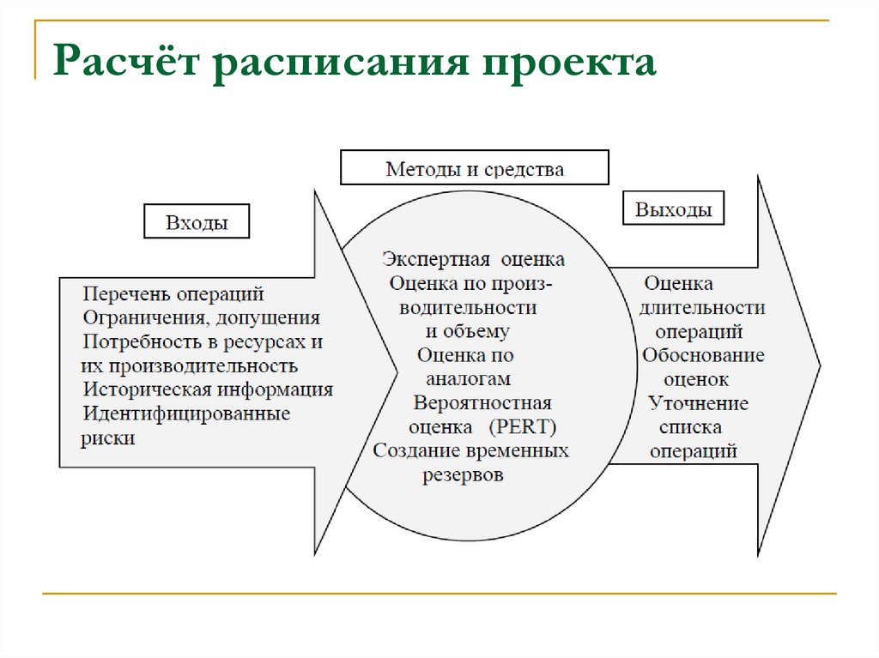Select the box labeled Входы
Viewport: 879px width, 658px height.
pos(197,223)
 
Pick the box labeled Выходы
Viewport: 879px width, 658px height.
pos(673,209)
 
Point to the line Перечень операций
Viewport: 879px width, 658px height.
pos(173,294)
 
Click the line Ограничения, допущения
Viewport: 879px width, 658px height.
pos(201,318)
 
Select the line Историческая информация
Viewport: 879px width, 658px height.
pos(208,389)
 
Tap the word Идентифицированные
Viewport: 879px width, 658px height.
pos(186,414)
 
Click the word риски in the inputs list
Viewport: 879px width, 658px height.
pos(109,438)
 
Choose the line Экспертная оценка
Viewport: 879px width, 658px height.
pos(474,259)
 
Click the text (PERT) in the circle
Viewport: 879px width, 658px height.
pos(524,426)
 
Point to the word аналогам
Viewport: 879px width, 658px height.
pos(469,378)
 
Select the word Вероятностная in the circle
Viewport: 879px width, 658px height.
pos(482,402)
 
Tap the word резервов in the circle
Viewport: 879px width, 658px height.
pos(463,474)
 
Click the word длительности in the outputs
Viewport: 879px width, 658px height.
pos(702,307)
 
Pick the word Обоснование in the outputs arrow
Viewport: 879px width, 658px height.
pos(702,355)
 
